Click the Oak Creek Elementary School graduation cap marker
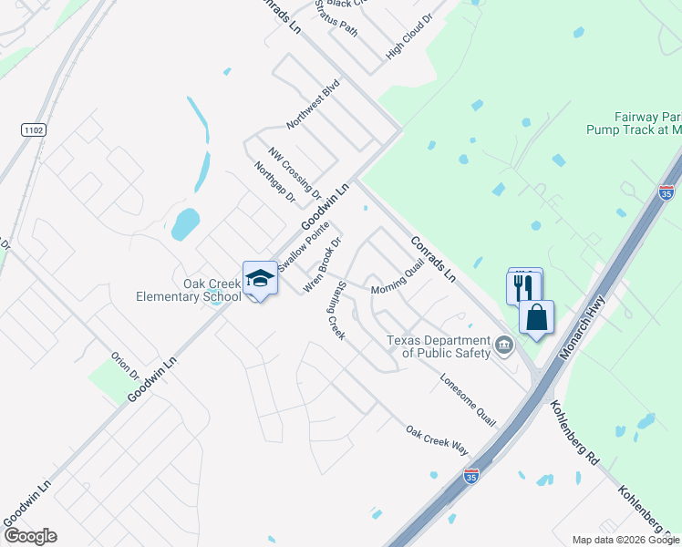click(260, 279)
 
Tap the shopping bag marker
click(536, 318)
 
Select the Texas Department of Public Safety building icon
click(504, 346)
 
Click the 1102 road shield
click(34, 131)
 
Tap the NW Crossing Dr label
click(294, 172)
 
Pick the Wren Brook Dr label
click(323, 265)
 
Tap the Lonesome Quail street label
click(468, 400)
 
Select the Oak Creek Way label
click(437, 439)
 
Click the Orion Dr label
click(125, 366)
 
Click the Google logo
click(30, 536)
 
